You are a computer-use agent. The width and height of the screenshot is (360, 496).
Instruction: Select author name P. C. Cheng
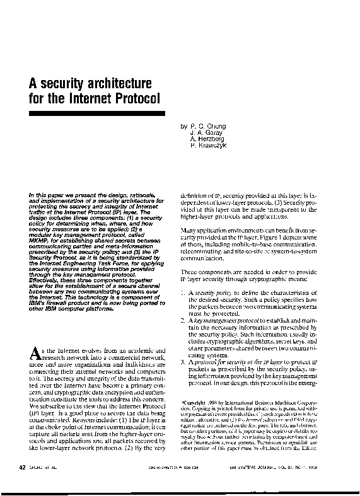coord(210,126)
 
